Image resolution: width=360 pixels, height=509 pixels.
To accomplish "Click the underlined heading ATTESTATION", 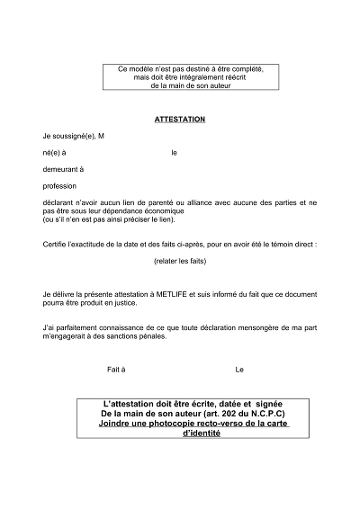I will (x=180, y=119).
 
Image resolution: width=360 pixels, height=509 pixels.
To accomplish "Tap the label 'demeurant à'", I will (x=62, y=168).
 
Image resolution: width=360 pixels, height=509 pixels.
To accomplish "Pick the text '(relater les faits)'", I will (x=180, y=261).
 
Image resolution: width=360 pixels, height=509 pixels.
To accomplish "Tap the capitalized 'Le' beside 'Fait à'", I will (x=239, y=370).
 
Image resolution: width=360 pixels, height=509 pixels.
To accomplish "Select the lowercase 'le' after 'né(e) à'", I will (x=174, y=152).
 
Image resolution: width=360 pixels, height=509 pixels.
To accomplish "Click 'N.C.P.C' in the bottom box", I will (x=265, y=414).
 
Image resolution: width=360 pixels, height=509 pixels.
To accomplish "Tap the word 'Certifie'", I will (x=56, y=244).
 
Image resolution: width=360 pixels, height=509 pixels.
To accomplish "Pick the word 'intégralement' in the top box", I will (x=175, y=76).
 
